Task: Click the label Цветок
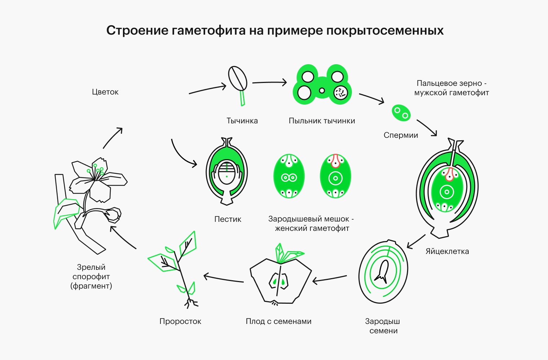click(x=105, y=92)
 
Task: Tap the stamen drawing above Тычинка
click(x=238, y=81)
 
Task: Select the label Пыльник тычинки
click(x=322, y=121)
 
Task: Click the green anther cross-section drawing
click(x=322, y=85)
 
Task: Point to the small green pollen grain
click(x=401, y=113)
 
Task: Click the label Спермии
click(x=401, y=135)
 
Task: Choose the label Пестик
click(x=227, y=219)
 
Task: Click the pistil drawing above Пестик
click(x=226, y=171)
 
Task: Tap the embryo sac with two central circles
click(x=289, y=176)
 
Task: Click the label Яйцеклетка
click(x=447, y=251)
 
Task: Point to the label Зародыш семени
click(x=383, y=326)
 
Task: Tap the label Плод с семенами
click(x=278, y=321)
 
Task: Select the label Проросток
click(x=180, y=321)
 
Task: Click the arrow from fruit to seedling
click(x=224, y=279)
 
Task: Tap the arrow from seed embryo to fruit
click(x=330, y=278)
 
